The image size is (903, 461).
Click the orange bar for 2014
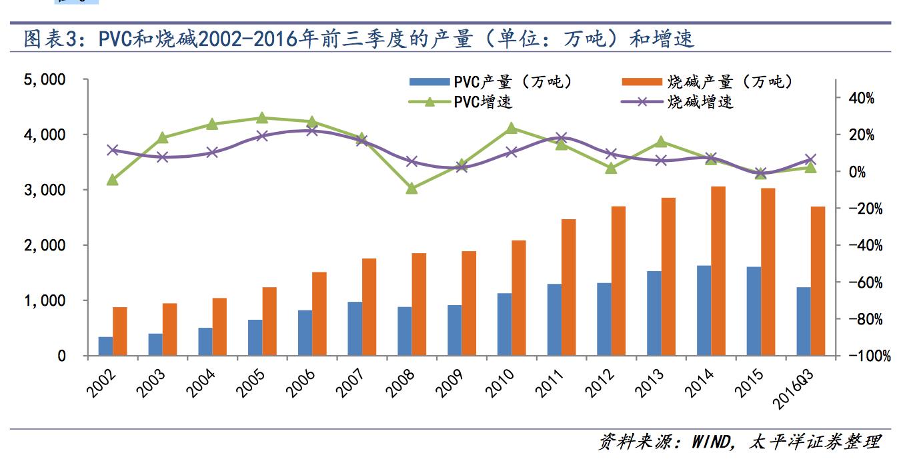coord(718,271)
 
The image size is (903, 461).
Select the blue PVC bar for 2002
coord(105,346)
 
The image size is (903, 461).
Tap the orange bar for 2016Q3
coord(818,281)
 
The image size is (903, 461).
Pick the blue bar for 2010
coord(504,324)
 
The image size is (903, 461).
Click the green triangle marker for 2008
coord(411,189)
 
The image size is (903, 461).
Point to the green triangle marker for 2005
coord(262,118)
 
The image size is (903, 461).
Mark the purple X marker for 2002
coord(113,150)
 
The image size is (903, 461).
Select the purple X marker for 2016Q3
coord(810,160)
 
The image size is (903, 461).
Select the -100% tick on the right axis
coord(868,356)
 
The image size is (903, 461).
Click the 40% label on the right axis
coord(862,99)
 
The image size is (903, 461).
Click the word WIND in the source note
coord(714,441)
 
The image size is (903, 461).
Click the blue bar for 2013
coord(654,313)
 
